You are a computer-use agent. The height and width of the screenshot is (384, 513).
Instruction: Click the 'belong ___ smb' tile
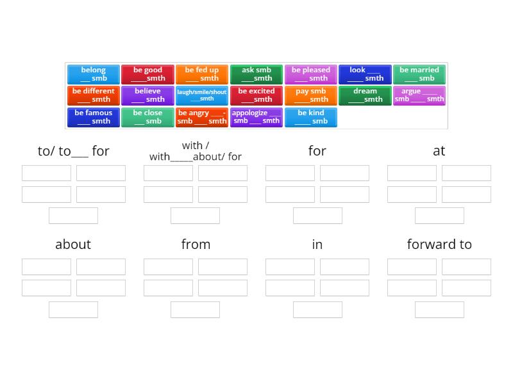tap(94, 74)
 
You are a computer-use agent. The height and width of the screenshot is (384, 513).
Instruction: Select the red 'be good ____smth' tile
tap(147, 74)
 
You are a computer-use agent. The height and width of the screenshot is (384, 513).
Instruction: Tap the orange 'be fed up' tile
tap(202, 74)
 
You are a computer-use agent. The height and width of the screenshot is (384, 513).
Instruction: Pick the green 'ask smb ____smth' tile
tap(256, 74)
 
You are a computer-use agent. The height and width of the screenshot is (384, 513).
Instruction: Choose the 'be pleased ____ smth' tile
tap(310, 74)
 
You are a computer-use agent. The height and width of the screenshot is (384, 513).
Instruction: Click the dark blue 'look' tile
tap(365, 74)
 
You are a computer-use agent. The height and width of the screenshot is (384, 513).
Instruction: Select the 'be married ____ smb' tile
tap(419, 74)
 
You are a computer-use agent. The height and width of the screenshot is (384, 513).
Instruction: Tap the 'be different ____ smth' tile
tap(94, 95)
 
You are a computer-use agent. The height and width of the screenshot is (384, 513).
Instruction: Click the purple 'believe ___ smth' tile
tap(147, 95)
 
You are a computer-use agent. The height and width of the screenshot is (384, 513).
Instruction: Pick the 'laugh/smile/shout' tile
tap(202, 95)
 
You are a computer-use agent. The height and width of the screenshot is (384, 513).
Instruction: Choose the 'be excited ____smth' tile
tap(256, 95)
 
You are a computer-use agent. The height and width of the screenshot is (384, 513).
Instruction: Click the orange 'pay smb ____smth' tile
tap(310, 95)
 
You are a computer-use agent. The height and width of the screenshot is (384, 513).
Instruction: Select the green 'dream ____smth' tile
tap(365, 95)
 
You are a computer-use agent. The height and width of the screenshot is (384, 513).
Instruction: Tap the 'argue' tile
tap(419, 95)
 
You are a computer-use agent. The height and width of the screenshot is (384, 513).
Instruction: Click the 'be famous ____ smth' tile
tap(94, 117)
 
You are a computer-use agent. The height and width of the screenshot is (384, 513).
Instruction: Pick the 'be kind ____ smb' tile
tap(310, 117)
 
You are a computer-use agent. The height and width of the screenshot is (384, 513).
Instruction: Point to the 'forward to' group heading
tap(439, 244)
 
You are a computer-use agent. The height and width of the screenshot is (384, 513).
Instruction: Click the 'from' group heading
tap(196, 244)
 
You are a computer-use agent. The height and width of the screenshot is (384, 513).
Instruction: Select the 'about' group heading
tap(73, 244)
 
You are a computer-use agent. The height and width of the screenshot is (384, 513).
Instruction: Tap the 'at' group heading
tap(439, 151)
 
